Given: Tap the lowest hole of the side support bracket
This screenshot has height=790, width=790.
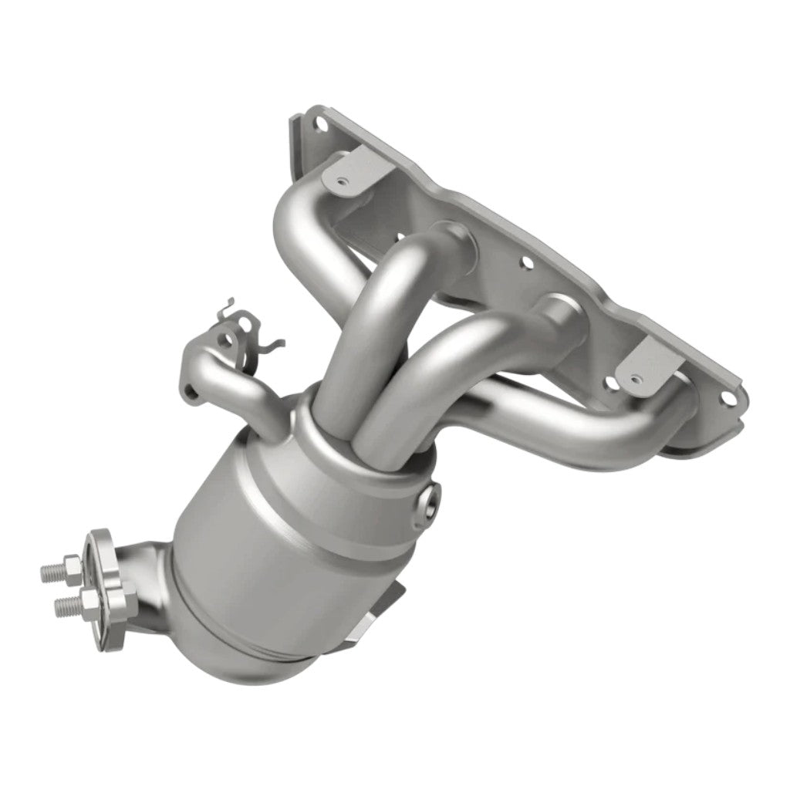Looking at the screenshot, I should pos(194,396).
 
